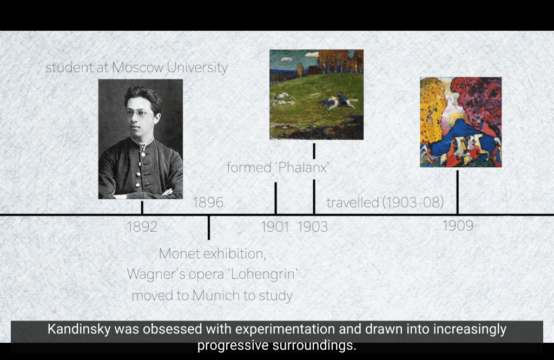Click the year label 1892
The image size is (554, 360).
tap(142, 227)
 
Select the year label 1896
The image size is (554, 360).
tap(208, 202)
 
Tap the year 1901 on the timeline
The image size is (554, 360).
tap(274, 227)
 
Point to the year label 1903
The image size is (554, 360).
tap(312, 227)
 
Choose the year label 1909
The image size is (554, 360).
tap(458, 226)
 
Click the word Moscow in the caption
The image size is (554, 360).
tap(138, 67)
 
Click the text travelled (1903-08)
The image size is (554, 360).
tap(385, 202)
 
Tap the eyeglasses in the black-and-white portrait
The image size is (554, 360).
tap(136, 113)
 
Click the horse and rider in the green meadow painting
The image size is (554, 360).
tap(340, 101)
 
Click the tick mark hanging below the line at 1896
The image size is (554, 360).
tap(209, 227)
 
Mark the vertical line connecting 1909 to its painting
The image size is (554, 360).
tap(458, 192)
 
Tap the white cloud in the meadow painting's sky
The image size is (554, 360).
tap(312, 55)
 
